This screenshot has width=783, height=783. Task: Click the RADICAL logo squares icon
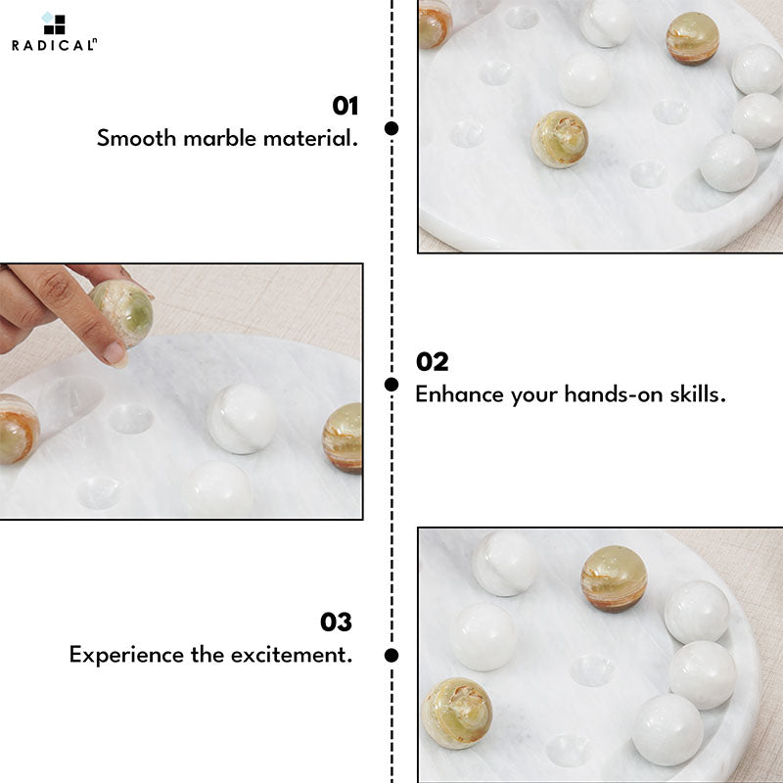54,23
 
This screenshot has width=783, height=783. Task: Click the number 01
345,106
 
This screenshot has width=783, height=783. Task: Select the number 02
433,361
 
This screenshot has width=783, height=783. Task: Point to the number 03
336,622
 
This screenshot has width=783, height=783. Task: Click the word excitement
292,655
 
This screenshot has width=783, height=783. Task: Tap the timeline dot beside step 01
391,128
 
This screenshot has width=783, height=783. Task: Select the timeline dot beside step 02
391,385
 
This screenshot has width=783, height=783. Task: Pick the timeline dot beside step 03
391,655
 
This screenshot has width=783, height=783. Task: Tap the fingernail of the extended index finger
115,354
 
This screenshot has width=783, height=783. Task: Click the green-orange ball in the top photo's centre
559,139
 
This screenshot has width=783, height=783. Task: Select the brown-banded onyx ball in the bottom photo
614,578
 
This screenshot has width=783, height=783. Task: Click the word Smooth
136,138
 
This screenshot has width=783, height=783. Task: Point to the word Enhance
459,394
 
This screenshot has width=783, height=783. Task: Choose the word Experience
126,655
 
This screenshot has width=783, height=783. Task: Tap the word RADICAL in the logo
53,45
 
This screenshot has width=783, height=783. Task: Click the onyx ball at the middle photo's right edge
343,438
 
